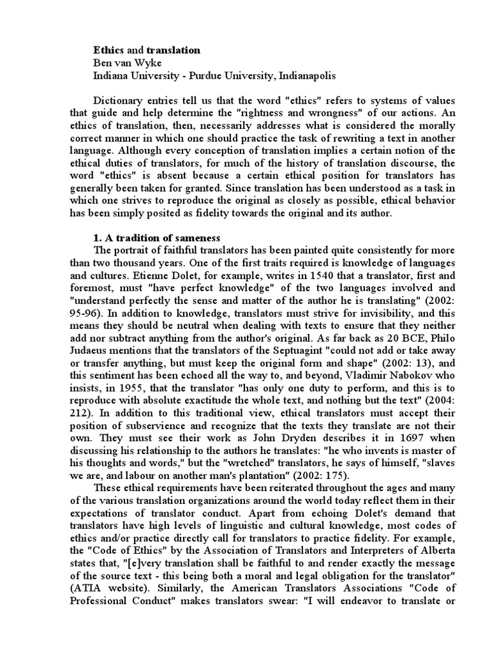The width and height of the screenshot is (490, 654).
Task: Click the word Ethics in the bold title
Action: coord(110,50)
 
